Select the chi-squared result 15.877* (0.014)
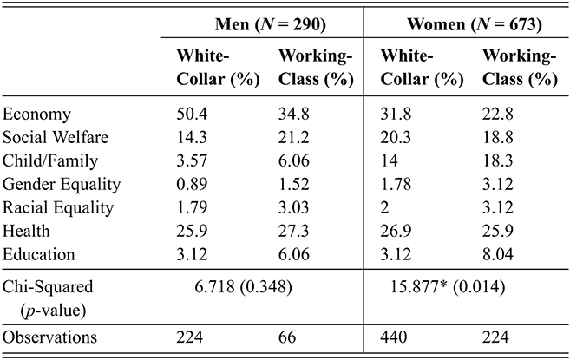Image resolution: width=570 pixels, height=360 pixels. click(451, 285)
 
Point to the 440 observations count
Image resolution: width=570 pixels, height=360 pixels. click(392, 337)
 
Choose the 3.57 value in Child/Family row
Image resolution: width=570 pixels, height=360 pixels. click(190, 160)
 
